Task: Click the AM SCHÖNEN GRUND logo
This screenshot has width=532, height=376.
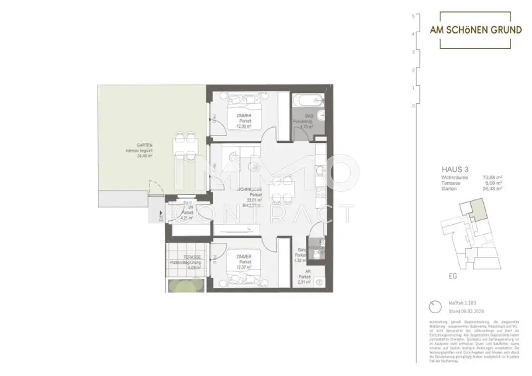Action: click(x=475, y=30)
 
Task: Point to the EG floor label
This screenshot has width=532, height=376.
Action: click(x=453, y=276)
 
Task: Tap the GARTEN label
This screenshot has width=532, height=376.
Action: click(x=137, y=146)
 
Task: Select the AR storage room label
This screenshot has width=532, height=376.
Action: click(x=308, y=272)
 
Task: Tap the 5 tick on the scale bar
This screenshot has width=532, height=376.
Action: click(x=413, y=16)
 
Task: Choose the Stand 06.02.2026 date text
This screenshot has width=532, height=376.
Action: click(x=462, y=311)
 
